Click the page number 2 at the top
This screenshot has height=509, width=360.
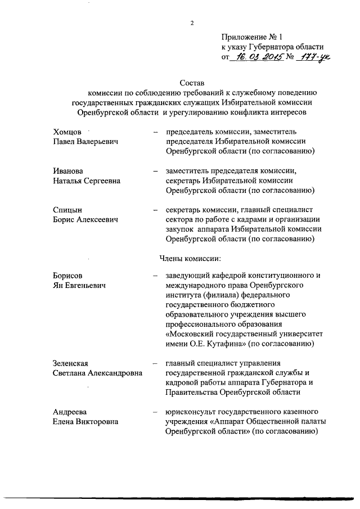[192, 22]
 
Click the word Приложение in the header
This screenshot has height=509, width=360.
[245, 37]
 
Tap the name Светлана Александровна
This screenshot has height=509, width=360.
[97, 373]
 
